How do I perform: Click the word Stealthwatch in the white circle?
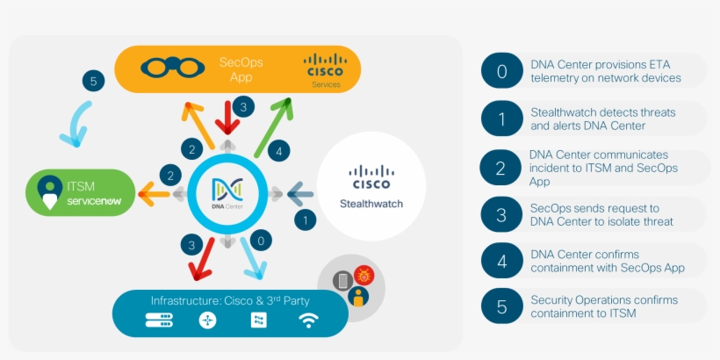pos(370,205)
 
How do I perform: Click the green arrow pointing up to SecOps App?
pos(271,128)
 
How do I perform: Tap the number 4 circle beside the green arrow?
pos(279,151)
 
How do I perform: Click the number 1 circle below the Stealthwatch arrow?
pos(306,220)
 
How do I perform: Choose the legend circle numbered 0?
pos(501,71)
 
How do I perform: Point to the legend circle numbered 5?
pos(501,306)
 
